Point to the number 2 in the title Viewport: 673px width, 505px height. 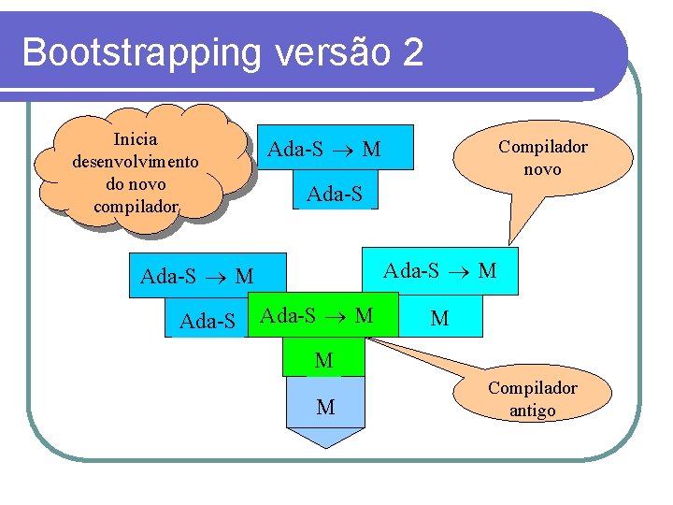click(x=413, y=52)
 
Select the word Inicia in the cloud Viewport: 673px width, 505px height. click(x=135, y=139)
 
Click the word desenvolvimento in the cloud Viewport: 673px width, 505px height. click(x=135, y=161)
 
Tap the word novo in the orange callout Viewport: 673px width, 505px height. click(x=542, y=169)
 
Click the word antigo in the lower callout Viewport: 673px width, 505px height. click(x=532, y=411)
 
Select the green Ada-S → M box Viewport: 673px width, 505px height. click(x=317, y=316)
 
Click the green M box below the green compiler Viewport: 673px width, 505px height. click(x=323, y=360)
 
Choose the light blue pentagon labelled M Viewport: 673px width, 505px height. click(x=325, y=407)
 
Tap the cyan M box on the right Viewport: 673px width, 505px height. click(x=439, y=319)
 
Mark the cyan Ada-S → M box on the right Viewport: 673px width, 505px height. click(x=440, y=271)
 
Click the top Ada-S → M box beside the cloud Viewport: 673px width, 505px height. click(x=324, y=149)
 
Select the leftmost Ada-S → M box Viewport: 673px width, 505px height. click(x=196, y=276)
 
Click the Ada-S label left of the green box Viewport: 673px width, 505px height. click(x=207, y=322)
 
